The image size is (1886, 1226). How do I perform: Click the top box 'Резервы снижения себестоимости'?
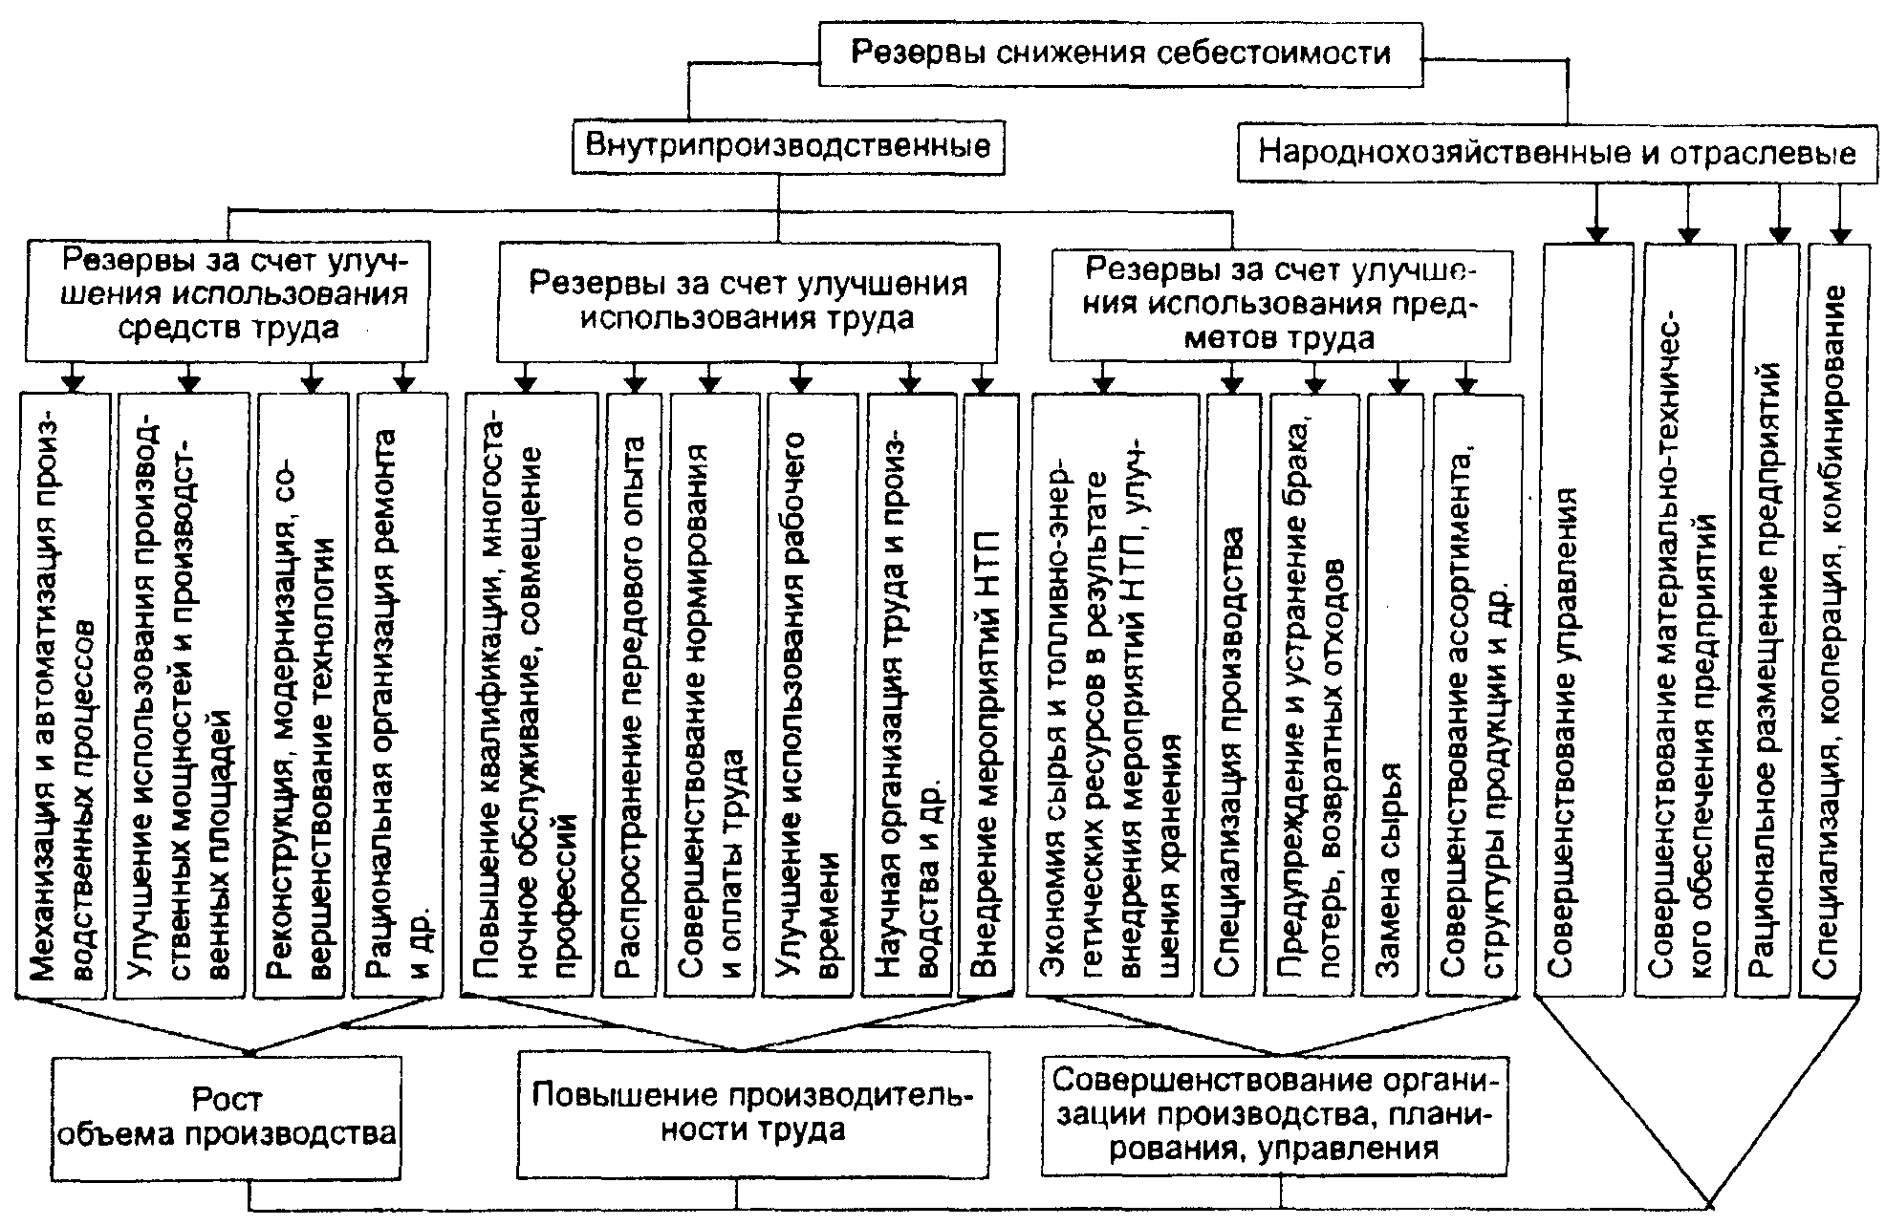pyautogui.click(x=1120, y=54)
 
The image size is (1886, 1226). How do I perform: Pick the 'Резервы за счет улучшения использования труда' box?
pyautogui.click(x=748, y=300)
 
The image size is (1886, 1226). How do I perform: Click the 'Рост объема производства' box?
pyautogui.click(x=227, y=1116)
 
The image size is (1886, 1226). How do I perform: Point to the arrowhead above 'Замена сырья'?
pyautogui.click(x=1398, y=384)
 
